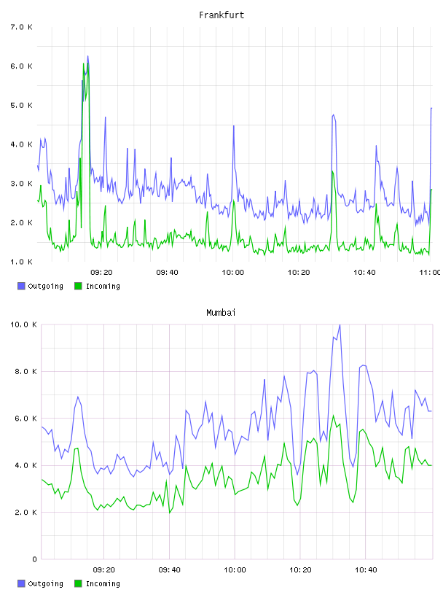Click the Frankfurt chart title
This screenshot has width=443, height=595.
click(221, 15)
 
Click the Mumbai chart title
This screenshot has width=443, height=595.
click(221, 313)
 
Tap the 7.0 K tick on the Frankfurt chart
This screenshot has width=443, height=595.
click(21, 27)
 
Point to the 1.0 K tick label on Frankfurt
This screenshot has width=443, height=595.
click(21, 262)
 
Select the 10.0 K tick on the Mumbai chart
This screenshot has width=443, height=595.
click(23, 324)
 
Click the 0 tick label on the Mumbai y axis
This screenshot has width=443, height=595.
click(34, 559)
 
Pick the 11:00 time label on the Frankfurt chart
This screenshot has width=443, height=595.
click(430, 273)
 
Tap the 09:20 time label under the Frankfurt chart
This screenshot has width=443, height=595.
click(102, 273)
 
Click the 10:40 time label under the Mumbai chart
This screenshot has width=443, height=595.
click(366, 570)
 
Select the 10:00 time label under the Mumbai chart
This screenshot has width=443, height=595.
click(235, 570)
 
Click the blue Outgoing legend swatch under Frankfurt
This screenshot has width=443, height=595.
click(21, 286)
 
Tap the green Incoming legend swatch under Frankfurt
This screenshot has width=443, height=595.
click(78, 286)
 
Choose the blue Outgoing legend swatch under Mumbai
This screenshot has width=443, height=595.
click(21, 583)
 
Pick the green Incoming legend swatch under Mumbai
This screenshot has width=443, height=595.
click(78, 583)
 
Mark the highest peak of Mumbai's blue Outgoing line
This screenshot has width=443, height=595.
click(340, 324)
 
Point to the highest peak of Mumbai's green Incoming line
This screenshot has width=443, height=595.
click(334, 416)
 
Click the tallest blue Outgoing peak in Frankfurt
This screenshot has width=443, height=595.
click(88, 56)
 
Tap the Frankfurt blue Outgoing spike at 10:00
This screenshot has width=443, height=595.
click(234, 126)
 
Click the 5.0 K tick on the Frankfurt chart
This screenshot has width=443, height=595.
click(21, 105)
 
